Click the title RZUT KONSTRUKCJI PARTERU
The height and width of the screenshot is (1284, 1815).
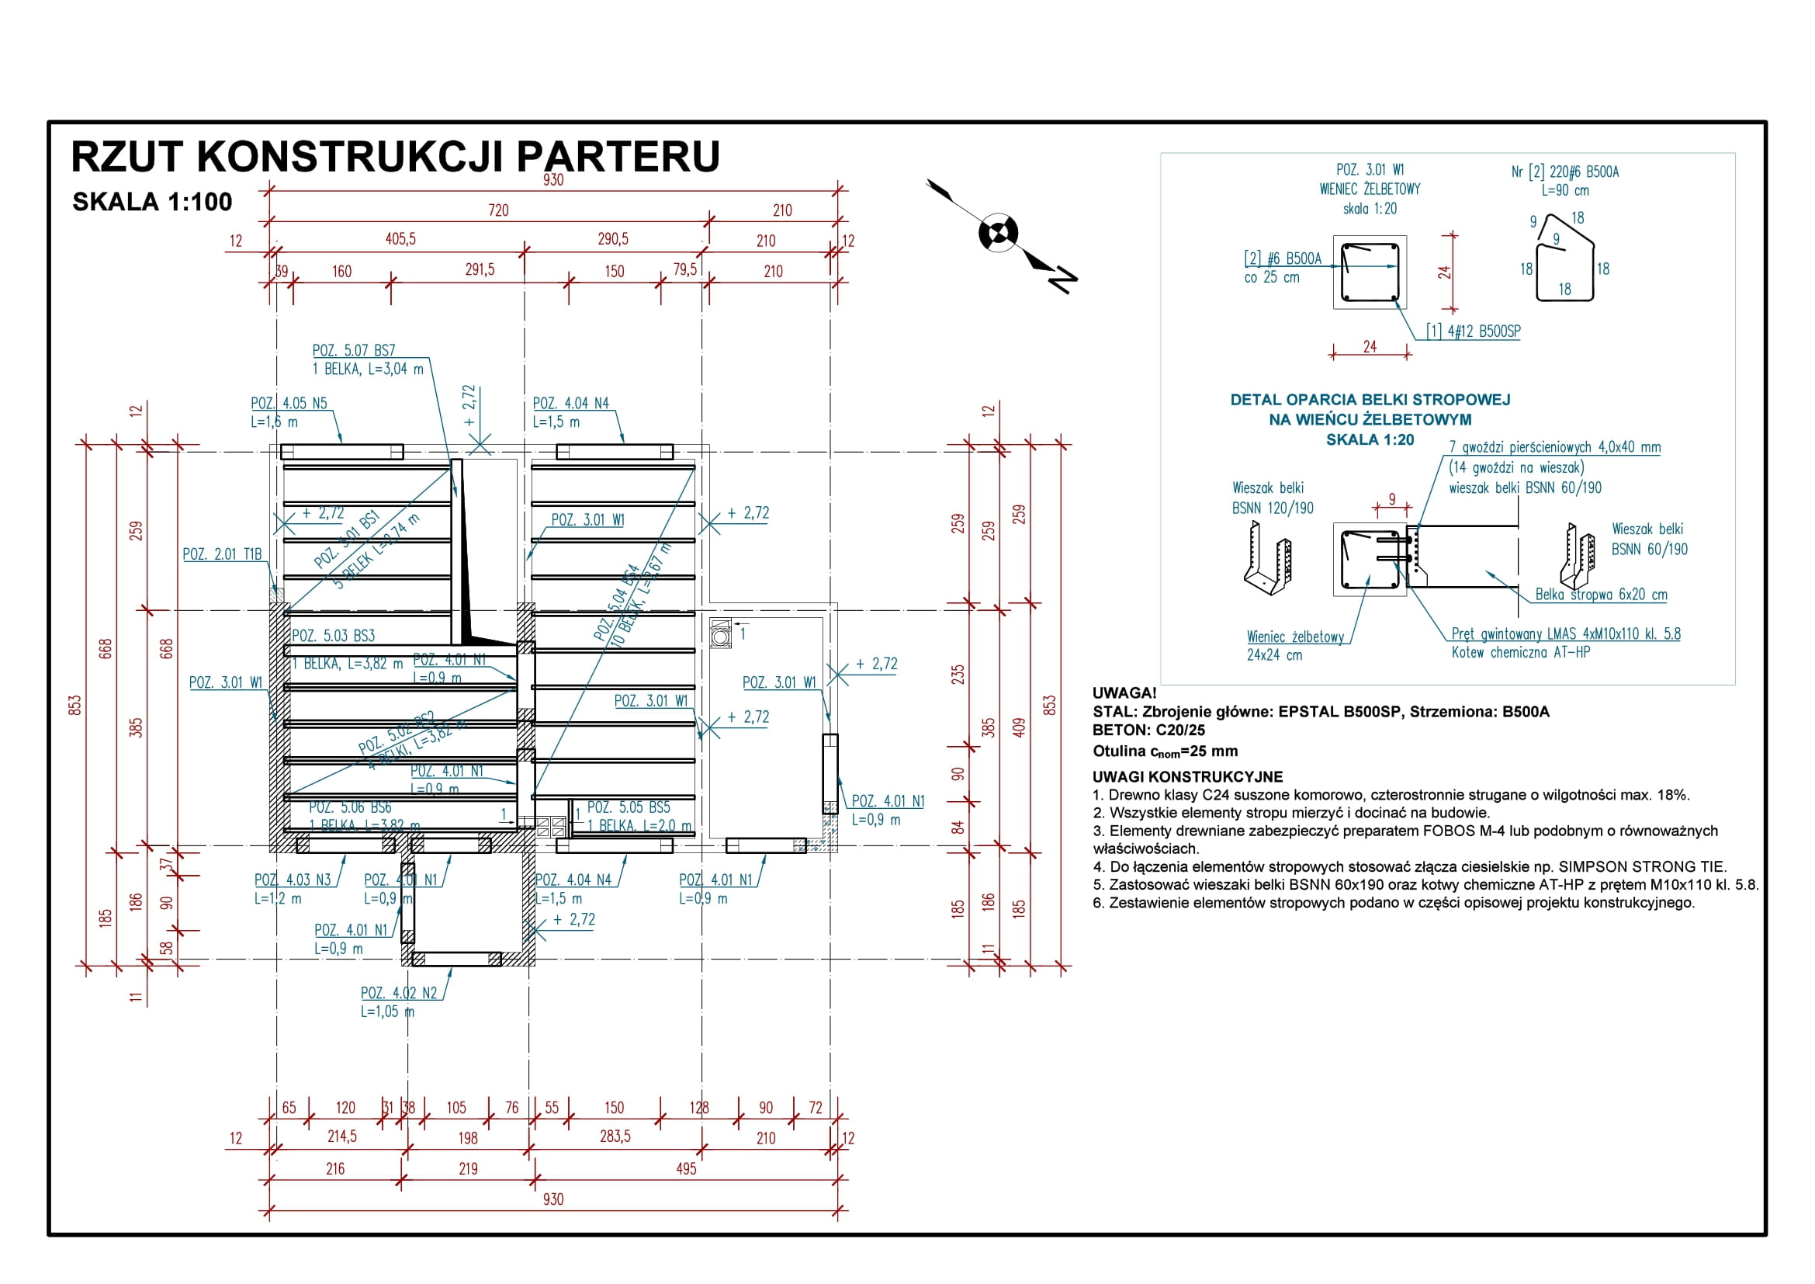[x=395, y=157]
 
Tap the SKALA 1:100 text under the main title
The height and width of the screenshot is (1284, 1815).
[x=152, y=203]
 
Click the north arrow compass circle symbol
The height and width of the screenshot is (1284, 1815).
[x=999, y=232]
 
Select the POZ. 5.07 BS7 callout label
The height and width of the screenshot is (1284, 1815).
[x=353, y=350]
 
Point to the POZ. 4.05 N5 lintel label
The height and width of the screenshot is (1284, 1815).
[x=289, y=403]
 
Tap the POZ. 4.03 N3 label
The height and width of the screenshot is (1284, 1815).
[x=293, y=880]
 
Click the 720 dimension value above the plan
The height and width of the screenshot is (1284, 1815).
[x=498, y=210]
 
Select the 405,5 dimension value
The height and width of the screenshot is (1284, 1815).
[x=400, y=239]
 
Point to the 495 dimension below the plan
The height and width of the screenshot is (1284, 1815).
[x=686, y=1168]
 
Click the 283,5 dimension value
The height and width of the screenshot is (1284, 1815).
[x=615, y=1137]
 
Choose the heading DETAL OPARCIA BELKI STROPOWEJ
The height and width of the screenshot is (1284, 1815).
[x=1370, y=400]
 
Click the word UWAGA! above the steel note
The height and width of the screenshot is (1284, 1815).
[x=1124, y=693]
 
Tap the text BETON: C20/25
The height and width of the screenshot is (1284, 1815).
[x=1148, y=730]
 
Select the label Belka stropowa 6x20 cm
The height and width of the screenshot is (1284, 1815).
[x=1601, y=595]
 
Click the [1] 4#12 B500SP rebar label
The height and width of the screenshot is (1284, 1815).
[x=1473, y=331]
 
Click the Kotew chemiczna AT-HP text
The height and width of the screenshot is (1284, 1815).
[x=1520, y=652]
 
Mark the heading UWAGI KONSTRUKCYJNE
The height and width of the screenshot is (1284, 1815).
[x=1187, y=776]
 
